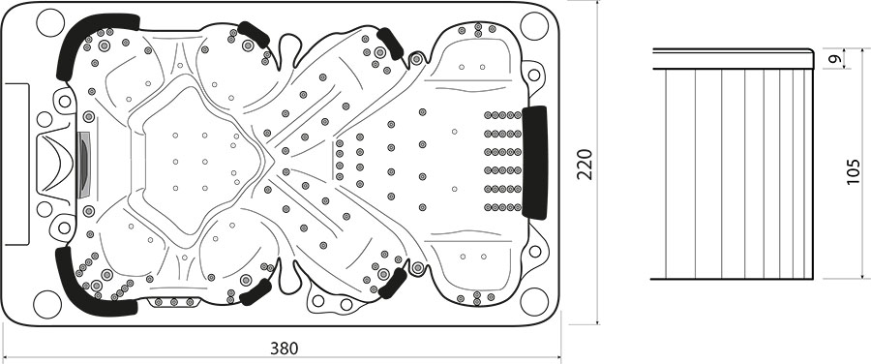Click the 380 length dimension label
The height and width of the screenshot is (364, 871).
click(284, 349)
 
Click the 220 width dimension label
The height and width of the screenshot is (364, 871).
click(585, 164)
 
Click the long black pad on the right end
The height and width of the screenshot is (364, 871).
click(535, 163)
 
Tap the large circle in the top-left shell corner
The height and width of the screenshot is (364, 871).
click(50, 23)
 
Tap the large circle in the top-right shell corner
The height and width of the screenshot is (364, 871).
click(534, 26)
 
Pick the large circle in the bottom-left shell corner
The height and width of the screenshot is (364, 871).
click(47, 304)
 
